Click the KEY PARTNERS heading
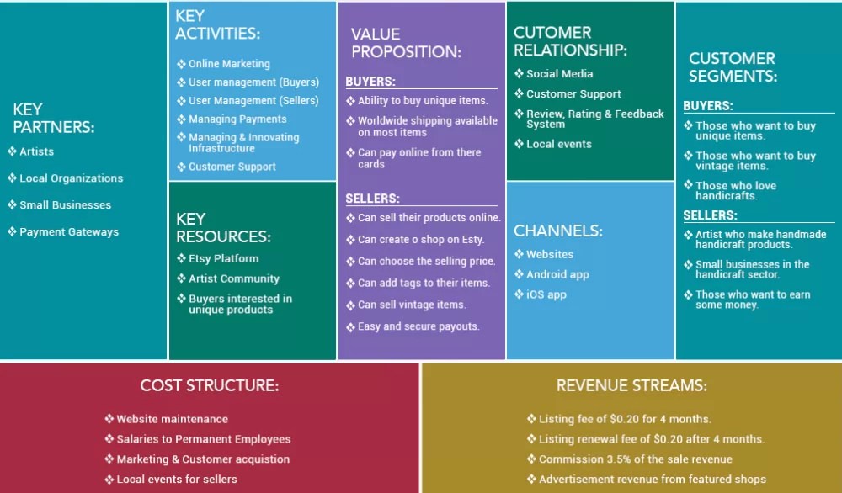pos(53,119)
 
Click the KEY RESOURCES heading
pos(223,228)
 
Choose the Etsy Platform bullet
pos(223,259)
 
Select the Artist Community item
pos(233,279)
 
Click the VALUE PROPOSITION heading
pos(406,43)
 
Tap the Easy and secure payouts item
pos(418,326)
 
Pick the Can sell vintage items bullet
pos(411,305)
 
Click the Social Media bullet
pos(559,74)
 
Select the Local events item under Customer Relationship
pos(558,145)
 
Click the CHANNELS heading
pos(557,231)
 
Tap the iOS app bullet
pos(546,294)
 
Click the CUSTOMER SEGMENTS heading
pos(732,67)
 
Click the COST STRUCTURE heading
pos(209,386)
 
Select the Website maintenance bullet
pos(172,419)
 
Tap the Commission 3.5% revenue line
pos(635,459)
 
